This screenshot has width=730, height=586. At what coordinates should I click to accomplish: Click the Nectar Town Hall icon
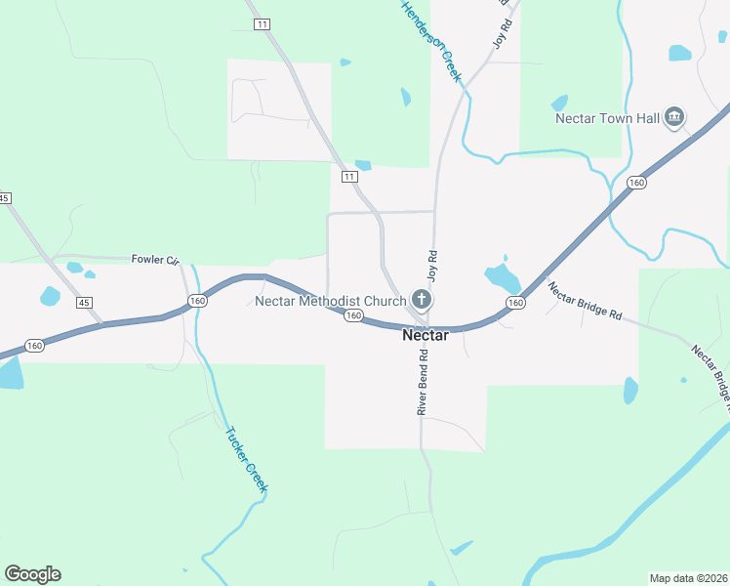(x=673, y=119)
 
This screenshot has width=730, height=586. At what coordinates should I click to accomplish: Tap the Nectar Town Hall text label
(x=608, y=119)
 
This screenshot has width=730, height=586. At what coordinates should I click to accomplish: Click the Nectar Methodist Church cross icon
(x=422, y=300)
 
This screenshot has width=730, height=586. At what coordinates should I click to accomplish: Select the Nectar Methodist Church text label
(x=330, y=301)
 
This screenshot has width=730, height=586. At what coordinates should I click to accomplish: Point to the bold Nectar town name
(x=426, y=335)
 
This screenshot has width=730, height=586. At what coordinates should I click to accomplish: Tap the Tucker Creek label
(x=246, y=459)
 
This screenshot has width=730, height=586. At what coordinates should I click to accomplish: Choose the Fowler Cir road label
(x=155, y=260)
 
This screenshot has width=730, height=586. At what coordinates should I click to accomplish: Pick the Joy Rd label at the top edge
(x=502, y=24)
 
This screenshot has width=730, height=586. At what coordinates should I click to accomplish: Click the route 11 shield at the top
(x=261, y=23)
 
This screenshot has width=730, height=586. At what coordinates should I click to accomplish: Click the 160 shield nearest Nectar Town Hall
(x=636, y=183)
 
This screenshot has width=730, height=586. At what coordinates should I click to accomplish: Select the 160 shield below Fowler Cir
(x=197, y=301)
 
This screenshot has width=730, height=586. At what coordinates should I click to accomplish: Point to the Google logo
(x=32, y=574)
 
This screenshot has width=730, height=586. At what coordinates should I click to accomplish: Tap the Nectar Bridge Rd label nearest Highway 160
(x=585, y=302)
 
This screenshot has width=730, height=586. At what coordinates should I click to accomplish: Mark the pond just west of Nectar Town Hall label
(x=559, y=103)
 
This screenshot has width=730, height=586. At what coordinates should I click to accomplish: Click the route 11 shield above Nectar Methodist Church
(x=349, y=177)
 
